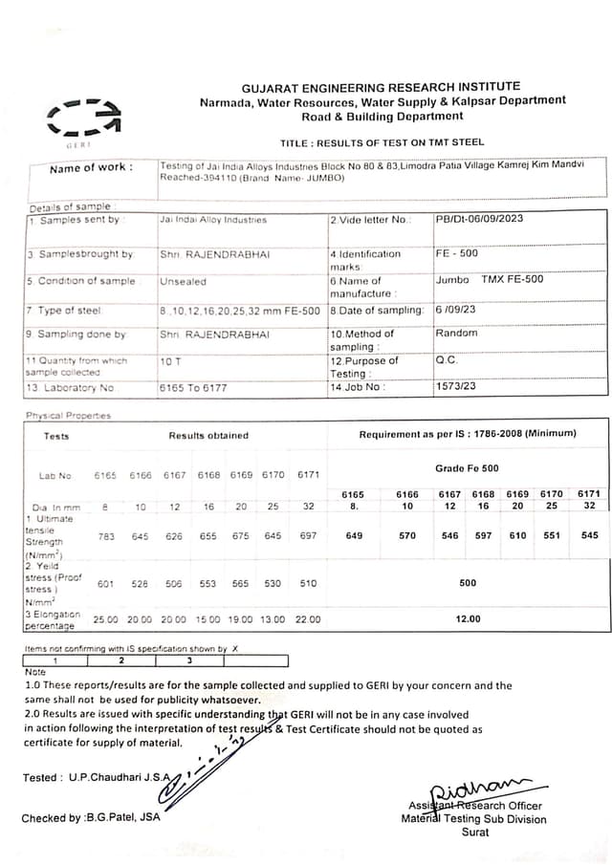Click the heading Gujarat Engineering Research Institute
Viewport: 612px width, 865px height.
click(x=382, y=86)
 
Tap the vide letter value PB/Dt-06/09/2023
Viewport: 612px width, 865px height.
click(x=479, y=219)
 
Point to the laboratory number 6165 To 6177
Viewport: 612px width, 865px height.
click(x=193, y=388)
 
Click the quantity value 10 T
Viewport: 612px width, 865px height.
click(x=170, y=361)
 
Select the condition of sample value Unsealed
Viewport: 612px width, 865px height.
click(x=183, y=282)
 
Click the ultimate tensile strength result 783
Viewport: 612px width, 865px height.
click(x=106, y=536)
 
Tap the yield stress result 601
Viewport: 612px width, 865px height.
click(x=106, y=583)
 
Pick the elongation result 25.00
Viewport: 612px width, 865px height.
click(x=106, y=619)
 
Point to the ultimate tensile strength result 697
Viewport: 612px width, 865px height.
click(x=308, y=536)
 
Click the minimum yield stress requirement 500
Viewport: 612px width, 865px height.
click(x=468, y=582)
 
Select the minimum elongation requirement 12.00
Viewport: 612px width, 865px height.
click(x=468, y=619)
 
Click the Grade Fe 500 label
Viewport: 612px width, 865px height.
click(x=467, y=468)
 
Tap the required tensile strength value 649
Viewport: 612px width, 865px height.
click(x=354, y=536)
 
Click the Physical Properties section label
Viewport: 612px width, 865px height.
click(x=68, y=416)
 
